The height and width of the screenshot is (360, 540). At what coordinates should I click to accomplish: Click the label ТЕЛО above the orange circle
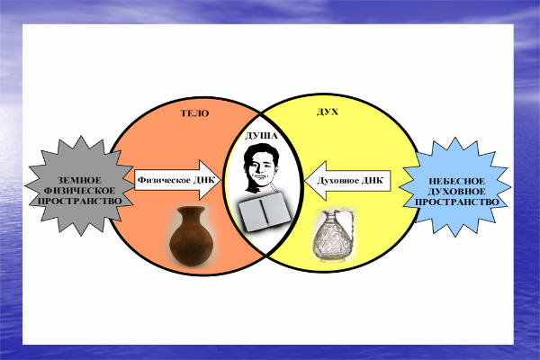click(x=194, y=115)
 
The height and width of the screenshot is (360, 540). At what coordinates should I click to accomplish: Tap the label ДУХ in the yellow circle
click(x=328, y=115)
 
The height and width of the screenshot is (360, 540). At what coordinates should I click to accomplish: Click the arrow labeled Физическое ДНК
click(x=176, y=179)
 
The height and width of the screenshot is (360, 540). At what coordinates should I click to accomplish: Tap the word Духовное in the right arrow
click(x=335, y=179)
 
